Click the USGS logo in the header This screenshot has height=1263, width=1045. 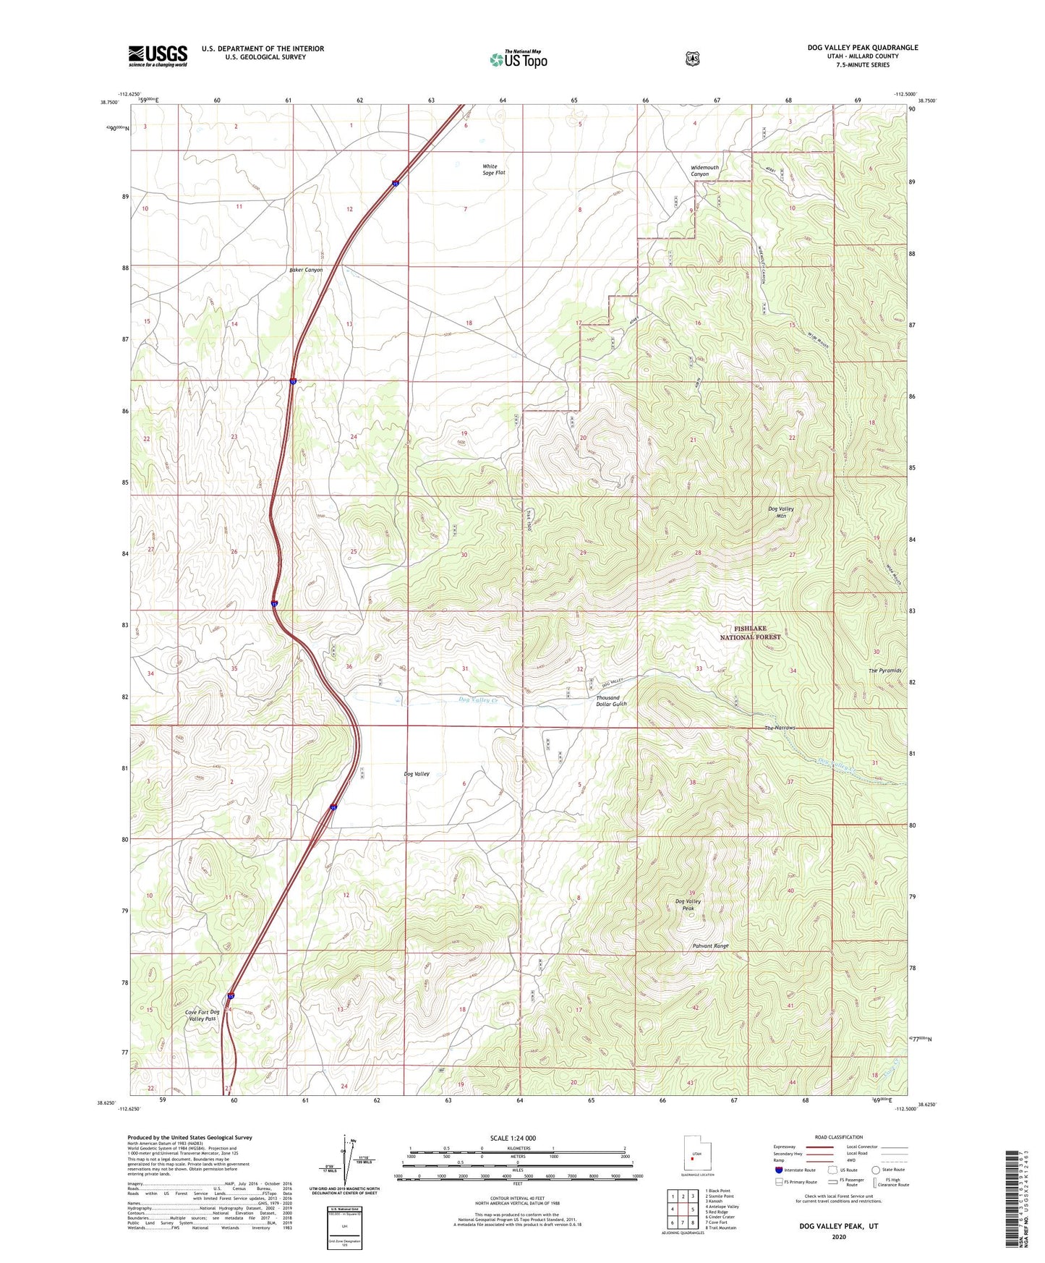tap(158, 56)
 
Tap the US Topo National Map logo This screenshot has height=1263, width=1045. tap(518, 59)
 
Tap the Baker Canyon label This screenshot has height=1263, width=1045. tap(306, 270)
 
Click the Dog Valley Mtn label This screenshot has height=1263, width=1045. tap(780, 512)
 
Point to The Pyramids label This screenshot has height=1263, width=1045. tap(884, 671)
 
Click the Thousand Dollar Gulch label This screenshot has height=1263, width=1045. tap(611, 701)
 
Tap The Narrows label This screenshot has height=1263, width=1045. tap(780, 728)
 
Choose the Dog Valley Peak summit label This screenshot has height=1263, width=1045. tap(688, 904)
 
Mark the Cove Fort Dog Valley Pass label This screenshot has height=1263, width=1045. tap(202, 1015)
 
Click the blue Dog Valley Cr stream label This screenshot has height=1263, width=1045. tap(478, 700)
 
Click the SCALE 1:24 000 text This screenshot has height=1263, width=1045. tap(513, 1138)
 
